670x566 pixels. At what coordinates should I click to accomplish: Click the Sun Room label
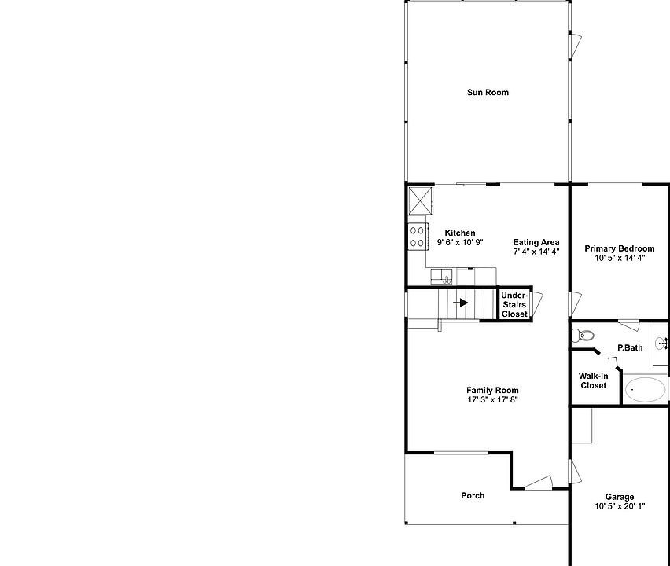point(488,93)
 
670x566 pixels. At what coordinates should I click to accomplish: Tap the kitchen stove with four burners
point(417,237)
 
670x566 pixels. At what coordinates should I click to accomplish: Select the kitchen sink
point(443,276)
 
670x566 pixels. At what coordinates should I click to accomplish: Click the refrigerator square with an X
point(421,200)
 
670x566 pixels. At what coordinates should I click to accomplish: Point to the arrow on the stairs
point(461,303)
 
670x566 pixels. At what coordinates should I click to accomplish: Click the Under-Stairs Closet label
point(514,305)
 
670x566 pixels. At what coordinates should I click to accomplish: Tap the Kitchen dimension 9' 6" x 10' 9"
point(460,243)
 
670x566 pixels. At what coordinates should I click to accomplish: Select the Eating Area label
point(536,242)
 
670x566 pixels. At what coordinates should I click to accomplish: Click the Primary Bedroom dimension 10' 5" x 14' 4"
point(619,258)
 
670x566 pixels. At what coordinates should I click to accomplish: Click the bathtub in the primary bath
point(645,389)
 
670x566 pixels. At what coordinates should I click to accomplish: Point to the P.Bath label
point(629,348)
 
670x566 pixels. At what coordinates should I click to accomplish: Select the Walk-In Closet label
point(594,380)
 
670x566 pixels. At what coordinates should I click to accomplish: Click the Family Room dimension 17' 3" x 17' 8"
point(492,400)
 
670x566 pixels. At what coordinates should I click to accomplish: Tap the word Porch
point(473,495)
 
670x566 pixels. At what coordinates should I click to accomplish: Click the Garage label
point(620,497)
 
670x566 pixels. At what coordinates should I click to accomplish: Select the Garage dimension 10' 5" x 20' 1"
point(620,506)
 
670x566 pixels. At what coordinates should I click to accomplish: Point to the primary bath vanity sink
point(661,343)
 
